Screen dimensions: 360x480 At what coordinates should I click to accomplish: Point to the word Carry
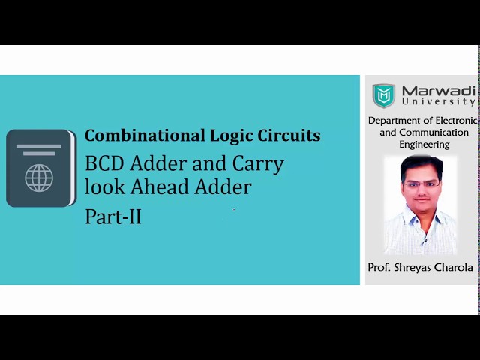tap(258, 164)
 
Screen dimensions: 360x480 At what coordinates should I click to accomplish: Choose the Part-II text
tap(113, 217)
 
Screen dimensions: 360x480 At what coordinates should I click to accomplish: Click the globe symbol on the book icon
tap(39, 178)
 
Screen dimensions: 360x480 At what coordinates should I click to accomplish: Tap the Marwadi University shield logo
tap(384, 95)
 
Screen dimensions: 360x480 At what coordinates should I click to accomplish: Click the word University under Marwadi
tap(439, 101)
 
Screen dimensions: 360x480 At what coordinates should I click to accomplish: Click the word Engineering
tap(424, 144)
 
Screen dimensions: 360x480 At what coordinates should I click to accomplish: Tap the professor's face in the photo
tap(419, 183)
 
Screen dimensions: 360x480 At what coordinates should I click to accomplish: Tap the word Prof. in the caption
tap(379, 267)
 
